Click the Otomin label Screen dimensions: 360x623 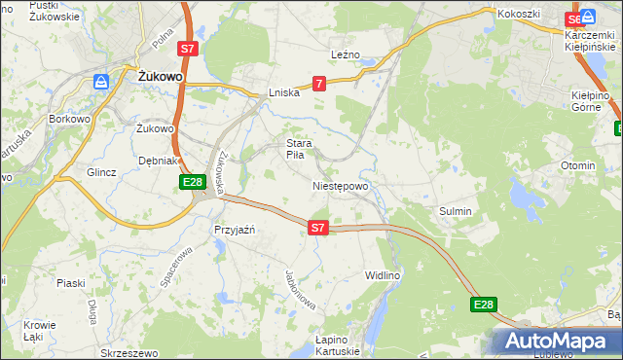577,165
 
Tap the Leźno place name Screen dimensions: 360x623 346,54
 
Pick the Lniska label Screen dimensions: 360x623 284,93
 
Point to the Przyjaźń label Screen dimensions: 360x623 234,230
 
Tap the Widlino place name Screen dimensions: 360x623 383,275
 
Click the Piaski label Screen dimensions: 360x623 71,282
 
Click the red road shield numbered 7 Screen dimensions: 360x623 319,85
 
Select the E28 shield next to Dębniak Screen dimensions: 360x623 192,182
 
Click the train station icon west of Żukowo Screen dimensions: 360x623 100,82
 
